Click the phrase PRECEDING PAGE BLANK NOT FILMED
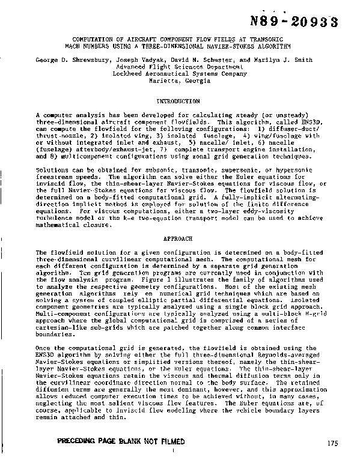click(x=121, y=441)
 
